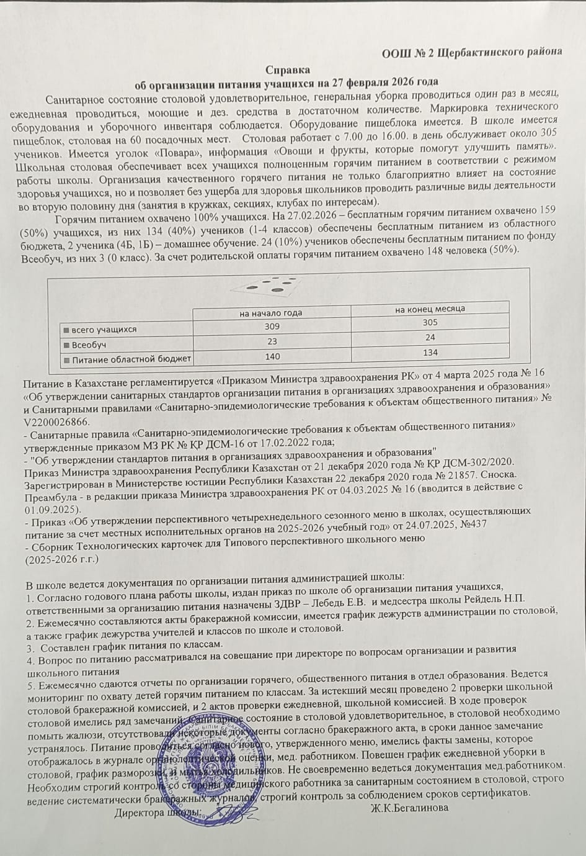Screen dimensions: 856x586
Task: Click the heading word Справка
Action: (288, 70)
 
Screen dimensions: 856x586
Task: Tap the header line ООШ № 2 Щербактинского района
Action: (472, 52)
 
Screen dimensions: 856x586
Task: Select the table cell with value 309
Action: (272, 327)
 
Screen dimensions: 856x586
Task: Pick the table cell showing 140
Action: (272, 356)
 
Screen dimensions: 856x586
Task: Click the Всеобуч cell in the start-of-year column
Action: (272, 341)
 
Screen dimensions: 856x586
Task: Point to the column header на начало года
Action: (272, 312)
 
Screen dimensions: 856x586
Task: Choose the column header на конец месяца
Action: (430, 309)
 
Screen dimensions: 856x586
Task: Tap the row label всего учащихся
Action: (103, 329)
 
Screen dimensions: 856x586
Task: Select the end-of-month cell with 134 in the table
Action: (430, 352)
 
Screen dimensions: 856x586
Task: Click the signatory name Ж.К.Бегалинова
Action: (409, 808)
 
